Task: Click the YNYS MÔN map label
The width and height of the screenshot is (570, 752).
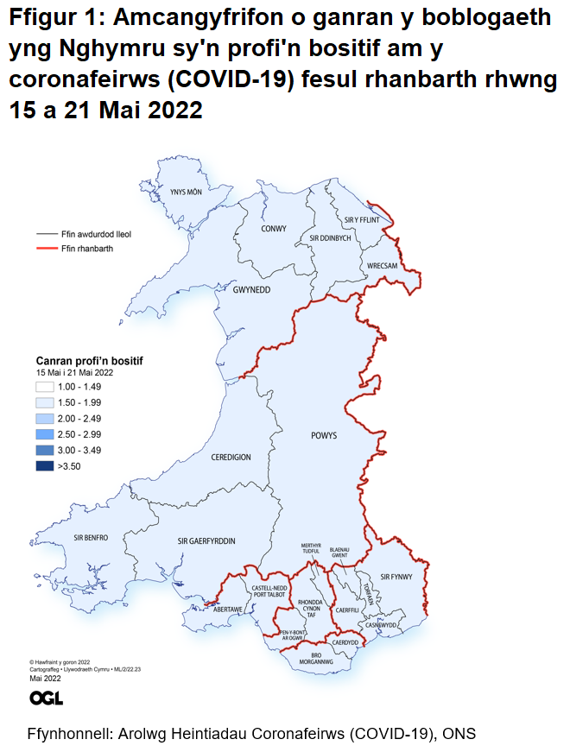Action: tap(186, 193)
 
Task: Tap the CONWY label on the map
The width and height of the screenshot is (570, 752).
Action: tap(274, 229)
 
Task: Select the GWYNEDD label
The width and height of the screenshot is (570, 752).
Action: tap(251, 290)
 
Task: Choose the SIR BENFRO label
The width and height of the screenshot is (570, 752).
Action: tap(91, 538)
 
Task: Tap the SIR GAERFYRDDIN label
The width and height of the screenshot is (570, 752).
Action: tap(206, 541)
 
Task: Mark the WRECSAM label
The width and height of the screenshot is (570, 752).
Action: tap(382, 266)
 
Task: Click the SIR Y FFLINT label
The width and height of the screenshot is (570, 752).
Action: tap(362, 220)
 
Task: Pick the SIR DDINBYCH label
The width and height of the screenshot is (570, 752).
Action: tap(330, 237)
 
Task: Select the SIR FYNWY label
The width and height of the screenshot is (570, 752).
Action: tap(397, 577)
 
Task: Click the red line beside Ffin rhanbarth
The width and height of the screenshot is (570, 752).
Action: tap(46, 249)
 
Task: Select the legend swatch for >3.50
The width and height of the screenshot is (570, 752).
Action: tap(45, 465)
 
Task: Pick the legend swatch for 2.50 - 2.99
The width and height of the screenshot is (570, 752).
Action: tap(45, 433)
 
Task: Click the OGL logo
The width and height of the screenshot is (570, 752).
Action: tap(45, 698)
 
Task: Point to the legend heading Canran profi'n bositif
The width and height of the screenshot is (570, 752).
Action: tap(89, 360)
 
